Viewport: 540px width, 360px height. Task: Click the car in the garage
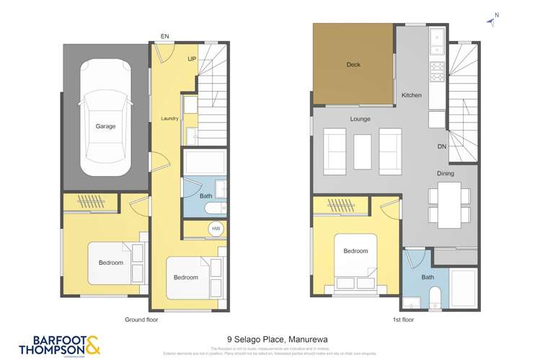coord(105,117)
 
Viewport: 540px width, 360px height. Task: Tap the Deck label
coord(353,65)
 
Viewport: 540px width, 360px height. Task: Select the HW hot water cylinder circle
coord(215,229)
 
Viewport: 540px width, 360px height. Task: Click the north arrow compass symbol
coord(492,21)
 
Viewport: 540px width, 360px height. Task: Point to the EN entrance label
coord(164,35)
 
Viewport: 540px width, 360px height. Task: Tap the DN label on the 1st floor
coord(441,146)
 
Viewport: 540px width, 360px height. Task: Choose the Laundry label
coord(169,118)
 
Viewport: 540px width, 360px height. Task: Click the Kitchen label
coord(411,95)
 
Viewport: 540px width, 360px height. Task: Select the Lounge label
coord(360,118)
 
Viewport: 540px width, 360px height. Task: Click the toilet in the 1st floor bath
coord(434,297)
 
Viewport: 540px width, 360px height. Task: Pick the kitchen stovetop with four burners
coord(437,71)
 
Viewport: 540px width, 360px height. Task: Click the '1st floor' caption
coord(394,318)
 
